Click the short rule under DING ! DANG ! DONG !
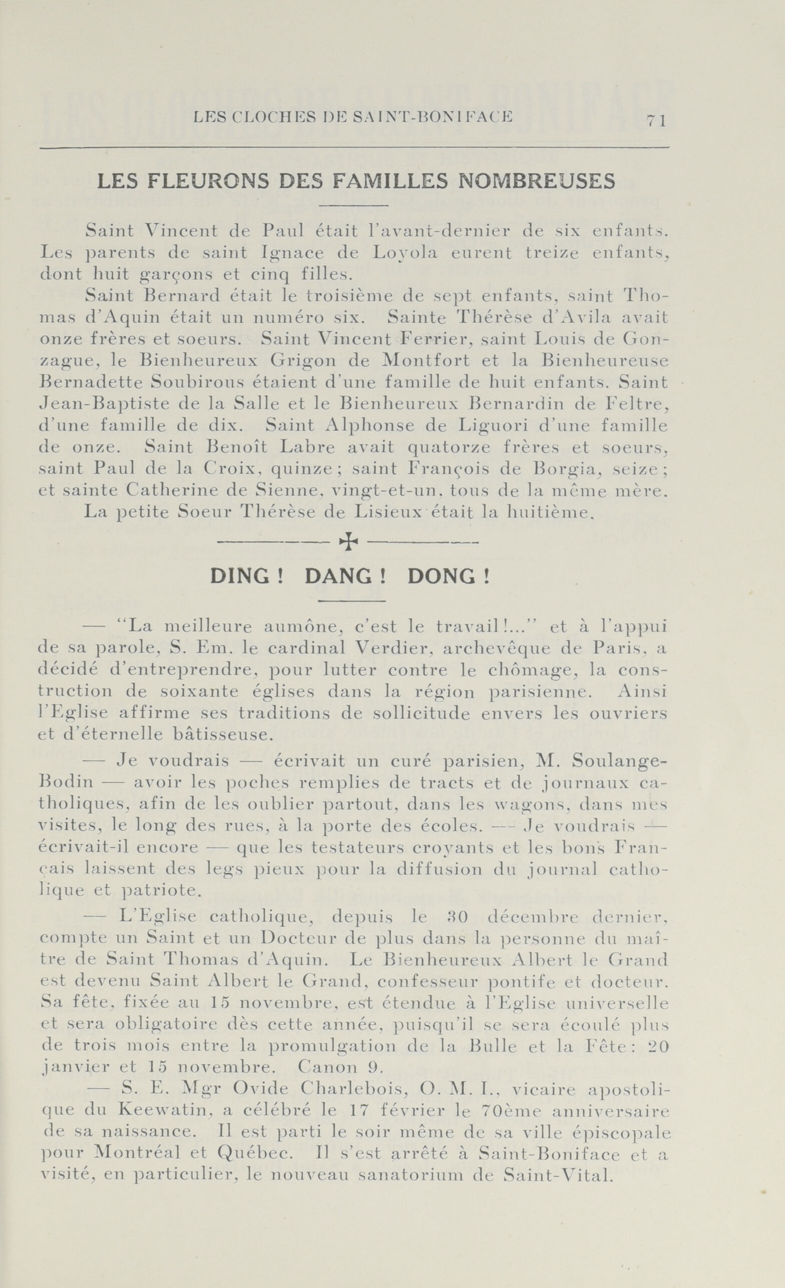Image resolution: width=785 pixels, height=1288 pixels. tap(351, 601)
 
